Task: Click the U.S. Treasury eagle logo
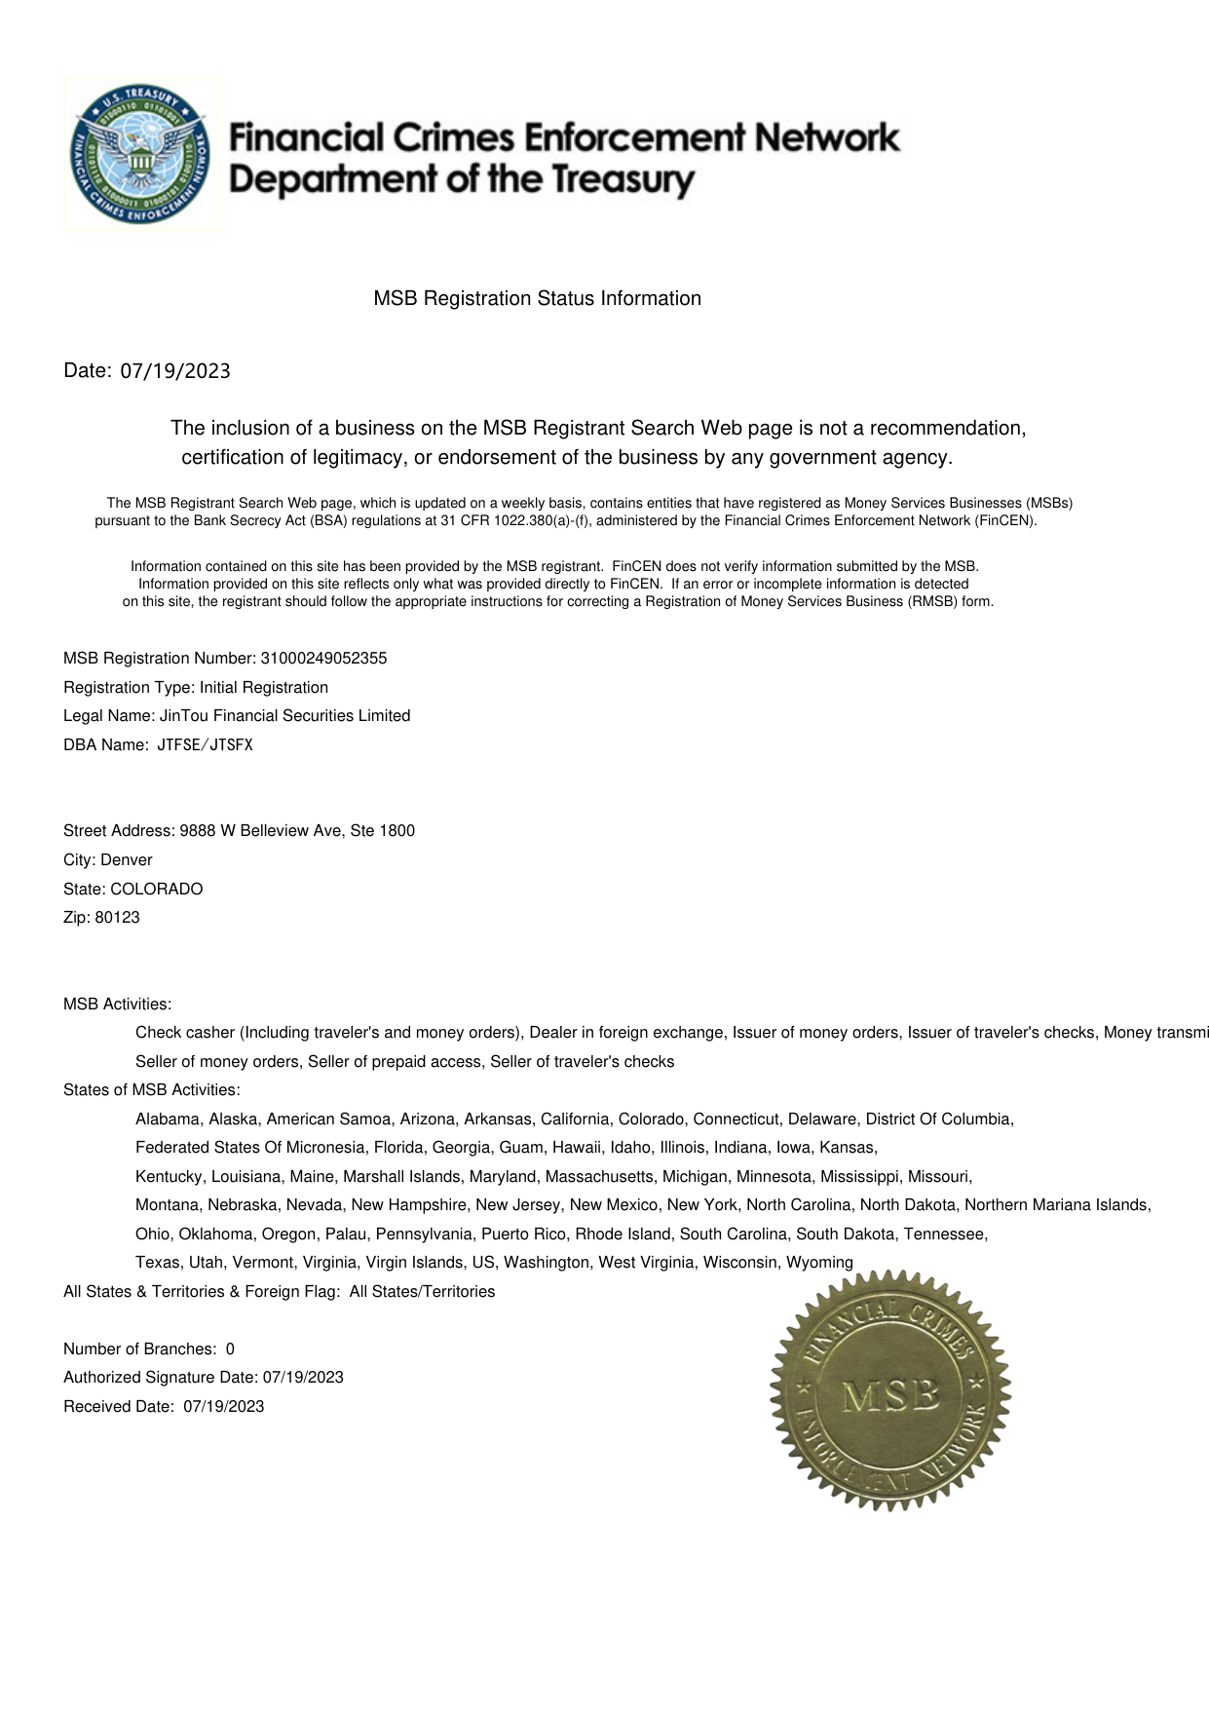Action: click(x=140, y=154)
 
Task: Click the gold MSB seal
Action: click(x=889, y=1390)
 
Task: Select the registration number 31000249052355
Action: click(x=323, y=659)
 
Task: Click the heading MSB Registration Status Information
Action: click(x=537, y=299)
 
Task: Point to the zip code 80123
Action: click(x=117, y=918)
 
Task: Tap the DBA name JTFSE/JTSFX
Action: click(x=205, y=745)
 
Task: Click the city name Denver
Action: click(x=127, y=860)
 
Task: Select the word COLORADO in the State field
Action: click(x=157, y=890)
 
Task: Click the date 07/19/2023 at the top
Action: click(x=175, y=371)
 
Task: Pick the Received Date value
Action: click(x=223, y=1407)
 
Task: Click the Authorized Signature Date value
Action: click(x=303, y=1378)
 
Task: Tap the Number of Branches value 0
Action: click(x=230, y=1349)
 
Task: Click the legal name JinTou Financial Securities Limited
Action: click(x=284, y=716)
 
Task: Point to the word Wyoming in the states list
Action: click(x=819, y=1263)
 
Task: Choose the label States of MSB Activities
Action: click(x=151, y=1090)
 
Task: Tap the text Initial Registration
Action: click(x=264, y=688)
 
